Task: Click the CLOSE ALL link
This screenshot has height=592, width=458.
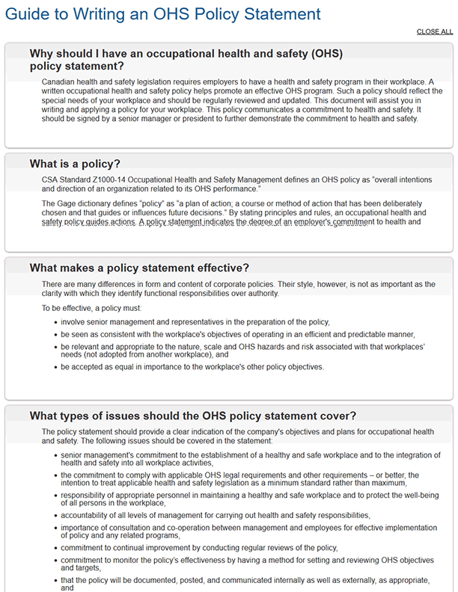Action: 434,31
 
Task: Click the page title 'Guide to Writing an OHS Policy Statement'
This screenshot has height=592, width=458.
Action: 163,13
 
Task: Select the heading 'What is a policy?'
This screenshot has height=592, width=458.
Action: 75,164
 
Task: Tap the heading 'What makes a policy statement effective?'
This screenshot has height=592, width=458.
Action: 139,268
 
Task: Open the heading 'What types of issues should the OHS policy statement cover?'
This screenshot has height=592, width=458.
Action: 192,416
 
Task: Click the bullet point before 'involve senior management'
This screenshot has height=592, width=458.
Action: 56,323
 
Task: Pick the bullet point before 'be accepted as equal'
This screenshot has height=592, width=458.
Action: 56,368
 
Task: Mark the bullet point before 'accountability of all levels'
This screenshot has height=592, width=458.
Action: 56,516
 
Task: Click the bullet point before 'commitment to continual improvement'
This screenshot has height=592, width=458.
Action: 56,548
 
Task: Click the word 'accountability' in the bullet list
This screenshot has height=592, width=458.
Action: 85,515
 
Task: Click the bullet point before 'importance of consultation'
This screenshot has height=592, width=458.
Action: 56,527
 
